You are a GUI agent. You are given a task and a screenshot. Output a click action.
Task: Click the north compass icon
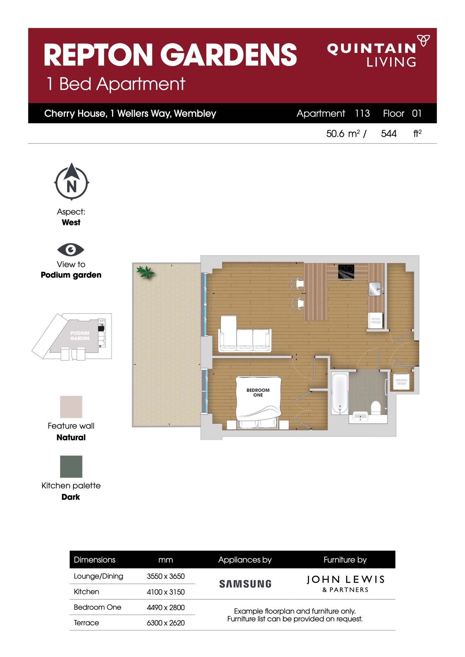pos(71,182)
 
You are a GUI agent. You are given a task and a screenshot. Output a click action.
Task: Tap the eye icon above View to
pos(71,249)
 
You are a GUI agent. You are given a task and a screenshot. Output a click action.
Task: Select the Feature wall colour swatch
pos(71,407)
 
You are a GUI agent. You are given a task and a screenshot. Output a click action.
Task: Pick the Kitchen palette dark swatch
pos(71,467)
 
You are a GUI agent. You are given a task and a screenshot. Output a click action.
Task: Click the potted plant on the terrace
pos(146,272)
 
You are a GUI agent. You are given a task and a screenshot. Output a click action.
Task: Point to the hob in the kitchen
pos(346,272)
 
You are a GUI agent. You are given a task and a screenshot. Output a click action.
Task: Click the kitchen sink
pos(375,288)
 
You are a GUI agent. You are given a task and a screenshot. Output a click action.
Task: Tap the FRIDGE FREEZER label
pos(376,321)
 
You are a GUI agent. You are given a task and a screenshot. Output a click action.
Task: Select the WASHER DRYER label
pos(401,382)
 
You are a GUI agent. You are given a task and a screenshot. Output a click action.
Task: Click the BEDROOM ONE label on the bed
pos(258,392)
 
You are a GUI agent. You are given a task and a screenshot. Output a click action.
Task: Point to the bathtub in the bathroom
pos(340,393)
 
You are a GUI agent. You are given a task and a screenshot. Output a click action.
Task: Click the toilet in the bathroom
pos(376,408)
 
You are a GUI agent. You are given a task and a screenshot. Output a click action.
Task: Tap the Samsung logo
pos(245,584)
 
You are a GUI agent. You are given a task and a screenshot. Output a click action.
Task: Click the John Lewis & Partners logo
pos(346,584)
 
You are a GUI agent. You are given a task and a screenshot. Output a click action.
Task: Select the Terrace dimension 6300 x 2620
pos(166,623)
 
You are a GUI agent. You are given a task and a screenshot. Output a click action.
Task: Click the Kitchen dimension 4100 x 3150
pos(166,592)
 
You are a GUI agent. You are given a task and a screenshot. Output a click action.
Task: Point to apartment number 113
pos(362,113)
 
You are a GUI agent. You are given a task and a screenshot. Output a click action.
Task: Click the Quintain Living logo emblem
pos(423,41)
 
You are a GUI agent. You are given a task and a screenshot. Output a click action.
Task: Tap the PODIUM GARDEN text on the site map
pos(80,335)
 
